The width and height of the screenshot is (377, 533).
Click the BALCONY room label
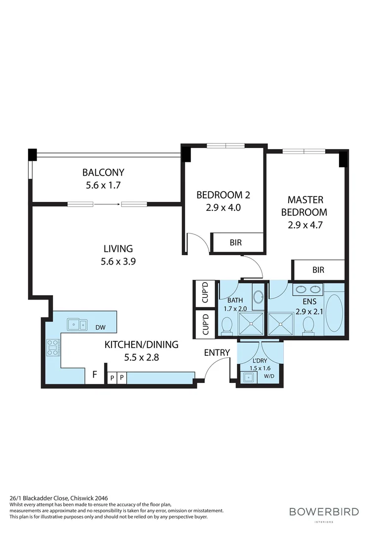(x=103, y=173)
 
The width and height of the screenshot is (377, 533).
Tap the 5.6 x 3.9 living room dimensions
(x=118, y=262)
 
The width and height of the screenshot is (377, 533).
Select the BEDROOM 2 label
(x=223, y=195)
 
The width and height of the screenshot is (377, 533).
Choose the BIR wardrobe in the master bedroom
(x=318, y=270)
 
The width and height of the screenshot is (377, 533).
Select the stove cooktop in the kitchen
(x=53, y=347)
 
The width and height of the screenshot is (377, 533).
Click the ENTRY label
(x=217, y=352)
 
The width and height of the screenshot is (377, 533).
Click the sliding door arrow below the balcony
(x=107, y=203)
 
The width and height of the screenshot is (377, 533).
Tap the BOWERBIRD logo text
(x=324, y=511)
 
